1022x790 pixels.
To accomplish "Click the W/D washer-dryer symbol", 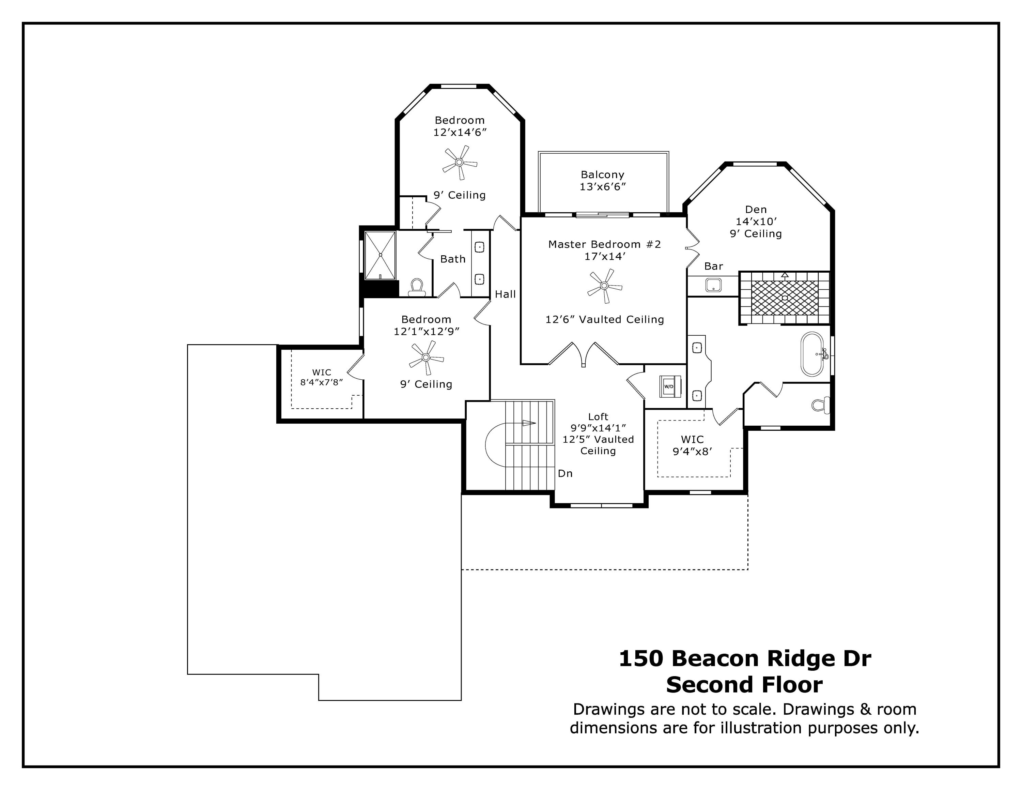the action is pos(670,386).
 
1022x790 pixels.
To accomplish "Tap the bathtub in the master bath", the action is pos(812,354).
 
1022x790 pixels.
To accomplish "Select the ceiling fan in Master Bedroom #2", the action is pos(605,286).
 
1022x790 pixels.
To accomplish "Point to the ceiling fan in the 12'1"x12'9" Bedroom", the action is pos(426,358).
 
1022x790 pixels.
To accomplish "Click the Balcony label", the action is pos(603,174).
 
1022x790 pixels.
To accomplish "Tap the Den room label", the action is pos(756,210).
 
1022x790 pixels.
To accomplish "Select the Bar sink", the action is pos(713,285).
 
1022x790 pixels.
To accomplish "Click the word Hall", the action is pos(506,294).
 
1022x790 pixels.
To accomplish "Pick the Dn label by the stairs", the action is pos(565,474).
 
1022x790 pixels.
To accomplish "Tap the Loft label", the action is pos(598,416).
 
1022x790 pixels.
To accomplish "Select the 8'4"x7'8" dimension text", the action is pos(322,382).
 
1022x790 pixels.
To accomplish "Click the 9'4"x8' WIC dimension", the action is pos(693,452).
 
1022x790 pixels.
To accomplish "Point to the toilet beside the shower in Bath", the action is pos(417,287).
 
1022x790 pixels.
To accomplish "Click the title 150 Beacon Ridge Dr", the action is pos(745,658).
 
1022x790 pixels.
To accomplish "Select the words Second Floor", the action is pos(744,685).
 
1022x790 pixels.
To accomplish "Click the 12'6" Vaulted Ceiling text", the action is pos(605,319).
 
